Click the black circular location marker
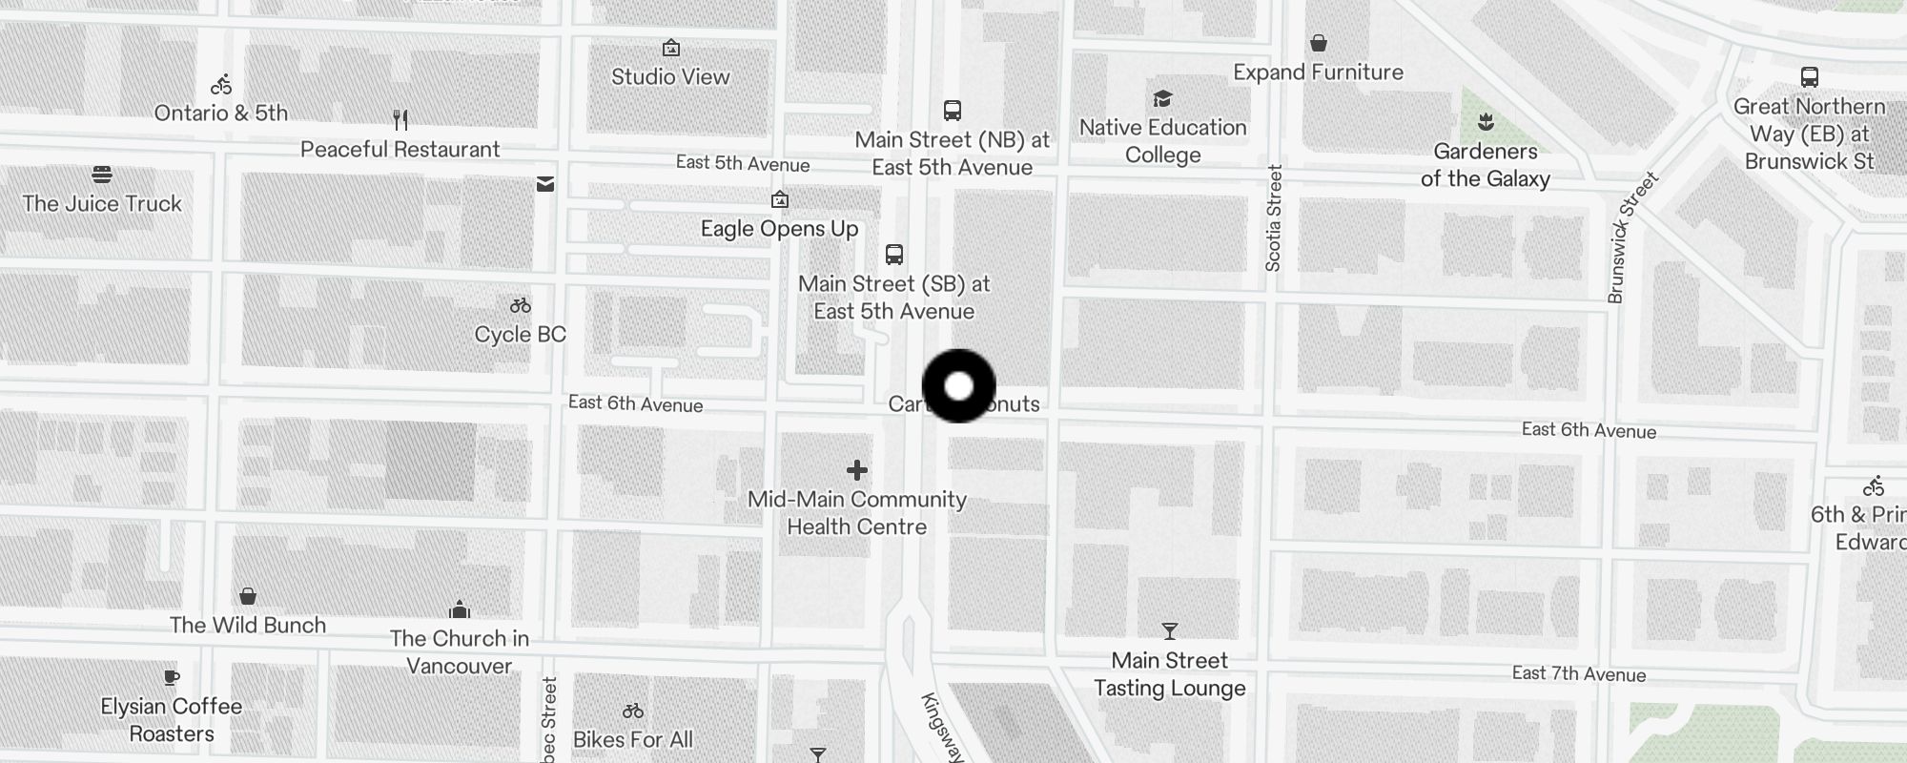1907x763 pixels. [958, 386]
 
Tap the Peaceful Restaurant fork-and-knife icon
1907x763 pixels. [400, 120]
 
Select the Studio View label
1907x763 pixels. [670, 77]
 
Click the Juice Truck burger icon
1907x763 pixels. [102, 175]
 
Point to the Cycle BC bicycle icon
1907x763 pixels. [520, 306]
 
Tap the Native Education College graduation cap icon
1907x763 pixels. [1162, 99]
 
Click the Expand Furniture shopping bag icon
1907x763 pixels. [1318, 43]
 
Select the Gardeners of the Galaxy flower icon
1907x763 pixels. [1485, 122]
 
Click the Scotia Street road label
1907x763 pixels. [1274, 218]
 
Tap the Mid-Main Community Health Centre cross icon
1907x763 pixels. [857, 470]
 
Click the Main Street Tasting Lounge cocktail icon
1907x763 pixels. [1169, 631]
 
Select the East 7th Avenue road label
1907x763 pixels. [1578, 674]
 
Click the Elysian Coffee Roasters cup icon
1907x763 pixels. [172, 678]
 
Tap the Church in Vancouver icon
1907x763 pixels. [460, 609]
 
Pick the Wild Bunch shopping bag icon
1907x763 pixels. [248, 597]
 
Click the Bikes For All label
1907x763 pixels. [633, 739]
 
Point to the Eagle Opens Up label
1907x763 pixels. [779, 229]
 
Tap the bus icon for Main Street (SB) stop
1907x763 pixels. [893, 255]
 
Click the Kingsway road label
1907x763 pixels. [942, 727]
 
